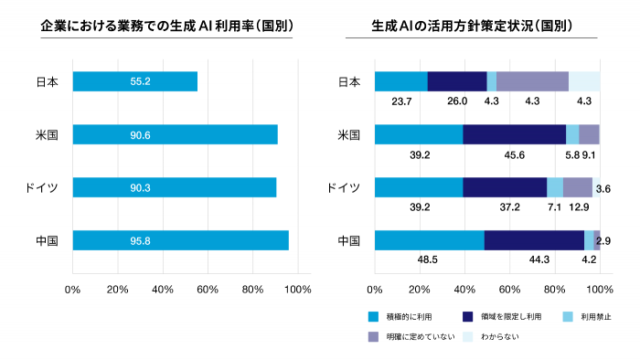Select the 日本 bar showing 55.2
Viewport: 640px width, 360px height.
135,81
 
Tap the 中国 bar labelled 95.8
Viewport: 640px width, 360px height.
181,240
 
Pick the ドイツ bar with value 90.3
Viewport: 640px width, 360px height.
175,187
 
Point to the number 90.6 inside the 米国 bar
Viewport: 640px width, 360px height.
141,134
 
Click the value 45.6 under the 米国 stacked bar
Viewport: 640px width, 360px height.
515,154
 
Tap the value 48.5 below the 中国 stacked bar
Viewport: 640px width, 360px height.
425,260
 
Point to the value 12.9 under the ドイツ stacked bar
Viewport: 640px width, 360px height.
578,207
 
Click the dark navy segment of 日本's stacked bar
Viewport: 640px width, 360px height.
457,81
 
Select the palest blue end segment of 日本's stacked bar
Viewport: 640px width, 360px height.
584,81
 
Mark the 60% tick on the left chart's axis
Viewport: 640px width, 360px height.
208,290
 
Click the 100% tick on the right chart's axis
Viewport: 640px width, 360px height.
600,290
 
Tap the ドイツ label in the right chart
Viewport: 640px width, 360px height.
344,188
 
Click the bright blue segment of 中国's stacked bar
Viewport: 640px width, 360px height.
429,240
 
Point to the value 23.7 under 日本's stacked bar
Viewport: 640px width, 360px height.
401,101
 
